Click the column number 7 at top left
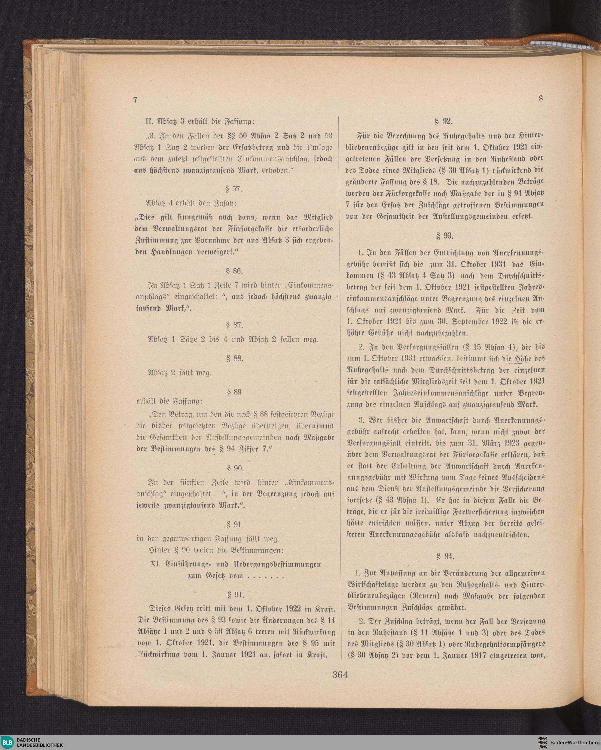[135, 100]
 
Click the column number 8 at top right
[541, 99]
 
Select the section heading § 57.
[233, 189]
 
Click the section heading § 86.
[234, 271]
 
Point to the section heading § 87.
[234, 325]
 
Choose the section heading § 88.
[234, 358]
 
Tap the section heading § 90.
[235, 468]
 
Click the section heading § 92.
[444, 121]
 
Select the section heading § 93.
[444, 236]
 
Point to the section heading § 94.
[445, 556]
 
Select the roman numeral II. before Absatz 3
[150, 122]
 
